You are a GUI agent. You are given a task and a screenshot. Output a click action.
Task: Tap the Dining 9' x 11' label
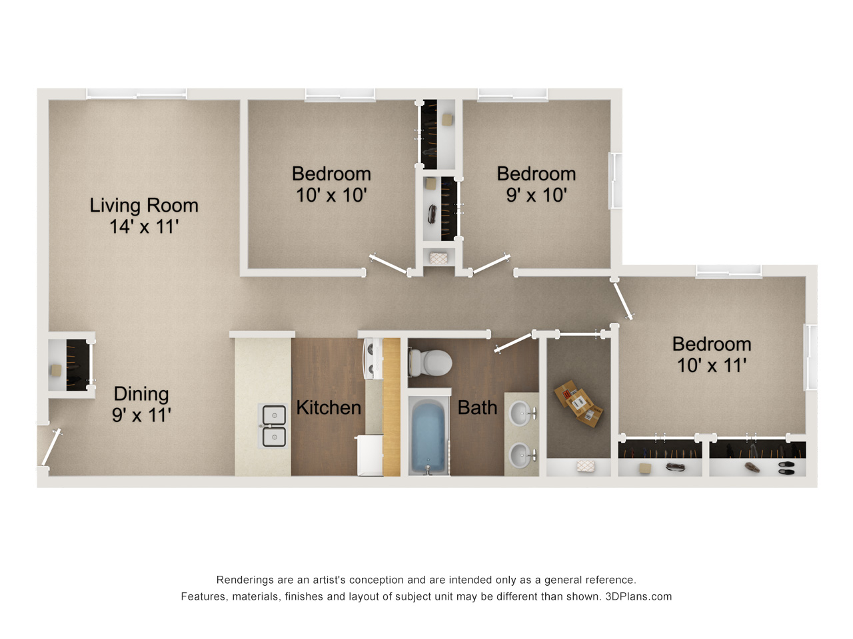click(141, 404)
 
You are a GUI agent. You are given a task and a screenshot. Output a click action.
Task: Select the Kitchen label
click(329, 407)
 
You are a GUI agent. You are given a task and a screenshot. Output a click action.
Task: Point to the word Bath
click(477, 407)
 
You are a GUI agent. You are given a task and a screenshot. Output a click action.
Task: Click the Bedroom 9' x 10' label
click(536, 184)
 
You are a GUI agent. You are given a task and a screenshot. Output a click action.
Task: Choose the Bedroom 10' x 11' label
click(712, 355)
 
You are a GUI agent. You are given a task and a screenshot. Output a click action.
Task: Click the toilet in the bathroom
click(430, 363)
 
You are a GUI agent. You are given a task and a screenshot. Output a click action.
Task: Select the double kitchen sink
click(274, 425)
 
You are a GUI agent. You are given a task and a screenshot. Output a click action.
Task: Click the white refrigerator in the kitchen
click(370, 455)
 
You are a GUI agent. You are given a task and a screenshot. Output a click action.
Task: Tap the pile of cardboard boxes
click(578, 403)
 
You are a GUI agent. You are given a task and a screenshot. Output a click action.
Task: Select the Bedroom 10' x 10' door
click(389, 265)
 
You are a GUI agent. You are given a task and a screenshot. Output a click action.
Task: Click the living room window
click(137, 93)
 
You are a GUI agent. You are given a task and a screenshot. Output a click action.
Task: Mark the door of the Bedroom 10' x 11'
click(623, 301)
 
